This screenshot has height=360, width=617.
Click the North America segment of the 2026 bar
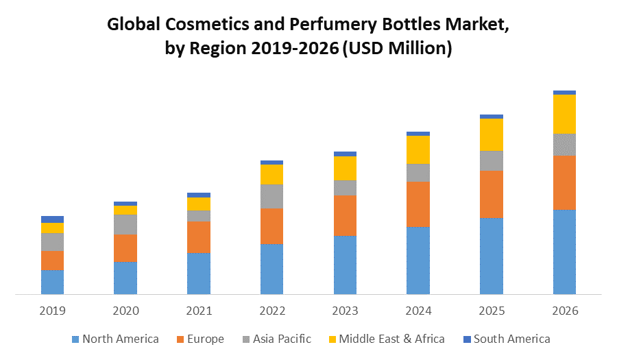(564, 252)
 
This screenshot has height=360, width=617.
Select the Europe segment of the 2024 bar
(418, 204)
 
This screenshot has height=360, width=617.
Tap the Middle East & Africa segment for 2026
(564, 114)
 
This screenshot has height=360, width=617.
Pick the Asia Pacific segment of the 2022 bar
(271, 196)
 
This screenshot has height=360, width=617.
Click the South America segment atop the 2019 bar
(52, 219)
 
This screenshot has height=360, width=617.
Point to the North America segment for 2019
(52, 282)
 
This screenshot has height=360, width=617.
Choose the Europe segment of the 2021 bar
(199, 237)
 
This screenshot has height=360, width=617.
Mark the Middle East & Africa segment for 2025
(492, 134)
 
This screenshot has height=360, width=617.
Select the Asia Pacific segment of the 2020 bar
(125, 224)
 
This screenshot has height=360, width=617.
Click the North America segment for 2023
(345, 265)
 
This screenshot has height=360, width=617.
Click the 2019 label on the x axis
(52, 311)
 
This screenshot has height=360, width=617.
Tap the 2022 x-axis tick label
(271, 311)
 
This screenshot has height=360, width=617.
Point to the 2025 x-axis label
(492, 311)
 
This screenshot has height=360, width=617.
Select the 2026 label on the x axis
(564, 311)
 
